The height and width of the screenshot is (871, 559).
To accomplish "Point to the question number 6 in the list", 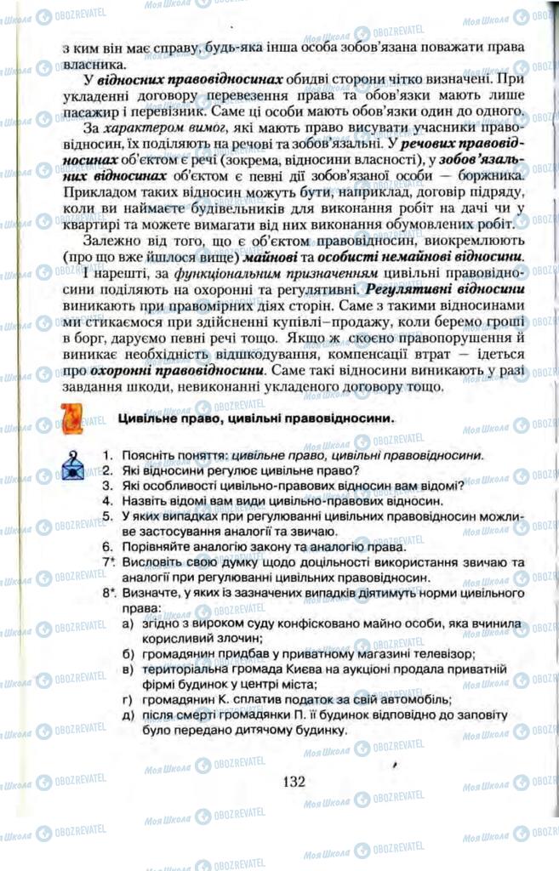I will click(107, 546).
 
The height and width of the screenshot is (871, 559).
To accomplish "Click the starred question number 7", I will click(108, 562).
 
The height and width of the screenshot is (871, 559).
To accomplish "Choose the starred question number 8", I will click(108, 593).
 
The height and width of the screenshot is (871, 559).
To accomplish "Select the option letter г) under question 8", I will click(128, 700).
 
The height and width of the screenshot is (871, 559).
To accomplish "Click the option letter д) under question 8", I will click(128, 715).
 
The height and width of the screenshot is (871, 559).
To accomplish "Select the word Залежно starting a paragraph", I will click(107, 242).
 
